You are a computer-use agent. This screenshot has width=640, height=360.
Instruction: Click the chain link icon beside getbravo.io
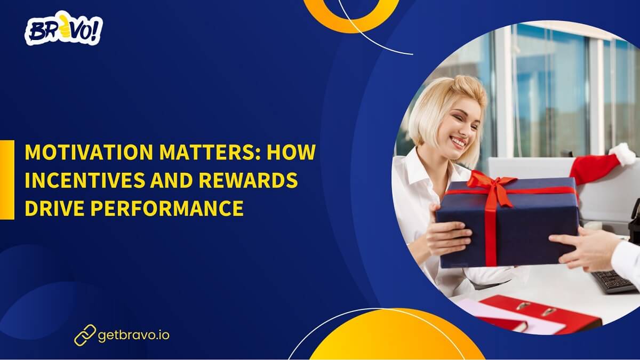(x=85, y=335)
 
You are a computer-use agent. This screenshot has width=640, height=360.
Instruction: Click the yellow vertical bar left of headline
(x=7, y=180)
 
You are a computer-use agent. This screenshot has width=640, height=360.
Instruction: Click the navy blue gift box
(x=528, y=224)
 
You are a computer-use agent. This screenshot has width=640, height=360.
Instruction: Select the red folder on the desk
(x=539, y=314)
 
